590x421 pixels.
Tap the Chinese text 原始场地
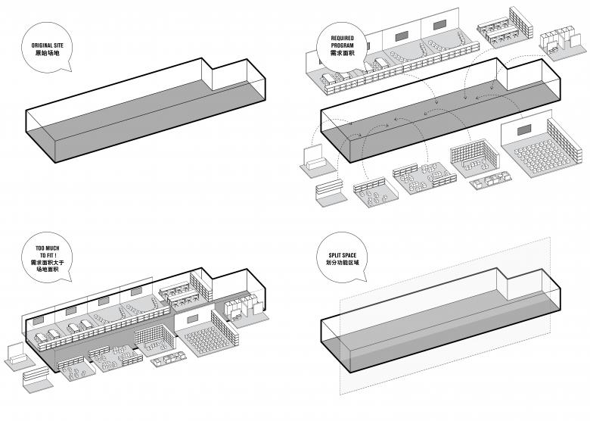point(47,55)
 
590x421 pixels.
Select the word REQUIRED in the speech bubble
point(342,37)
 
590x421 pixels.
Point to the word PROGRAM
point(342,45)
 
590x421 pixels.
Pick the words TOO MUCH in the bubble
point(47,247)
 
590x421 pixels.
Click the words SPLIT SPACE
point(341,254)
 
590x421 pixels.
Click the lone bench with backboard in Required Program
point(312,161)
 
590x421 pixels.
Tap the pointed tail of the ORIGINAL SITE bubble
point(64,70)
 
